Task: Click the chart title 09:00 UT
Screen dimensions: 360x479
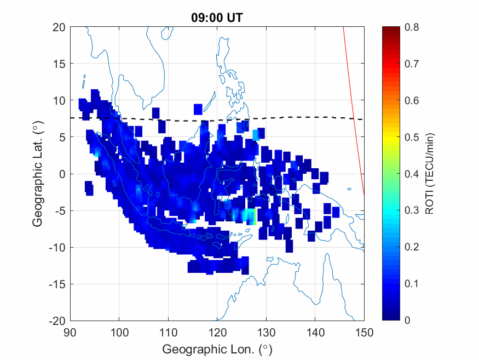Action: coord(217,18)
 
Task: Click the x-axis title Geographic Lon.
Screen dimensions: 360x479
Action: coord(217,349)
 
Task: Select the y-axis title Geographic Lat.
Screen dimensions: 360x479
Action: coord(37,174)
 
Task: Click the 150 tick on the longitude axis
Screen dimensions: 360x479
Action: coord(364,332)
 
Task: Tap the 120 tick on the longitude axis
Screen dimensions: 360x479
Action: coord(217,332)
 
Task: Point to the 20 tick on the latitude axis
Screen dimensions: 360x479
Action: coord(59,27)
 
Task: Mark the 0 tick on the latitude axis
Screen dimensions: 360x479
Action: coord(62,174)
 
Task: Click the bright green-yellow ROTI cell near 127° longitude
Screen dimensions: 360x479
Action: coord(252,218)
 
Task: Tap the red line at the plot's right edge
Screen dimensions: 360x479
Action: coord(354,110)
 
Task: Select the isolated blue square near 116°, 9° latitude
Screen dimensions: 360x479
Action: coord(198,108)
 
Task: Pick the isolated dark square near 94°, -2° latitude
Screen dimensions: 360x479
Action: coord(89,188)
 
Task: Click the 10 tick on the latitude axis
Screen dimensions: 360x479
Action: coord(59,100)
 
